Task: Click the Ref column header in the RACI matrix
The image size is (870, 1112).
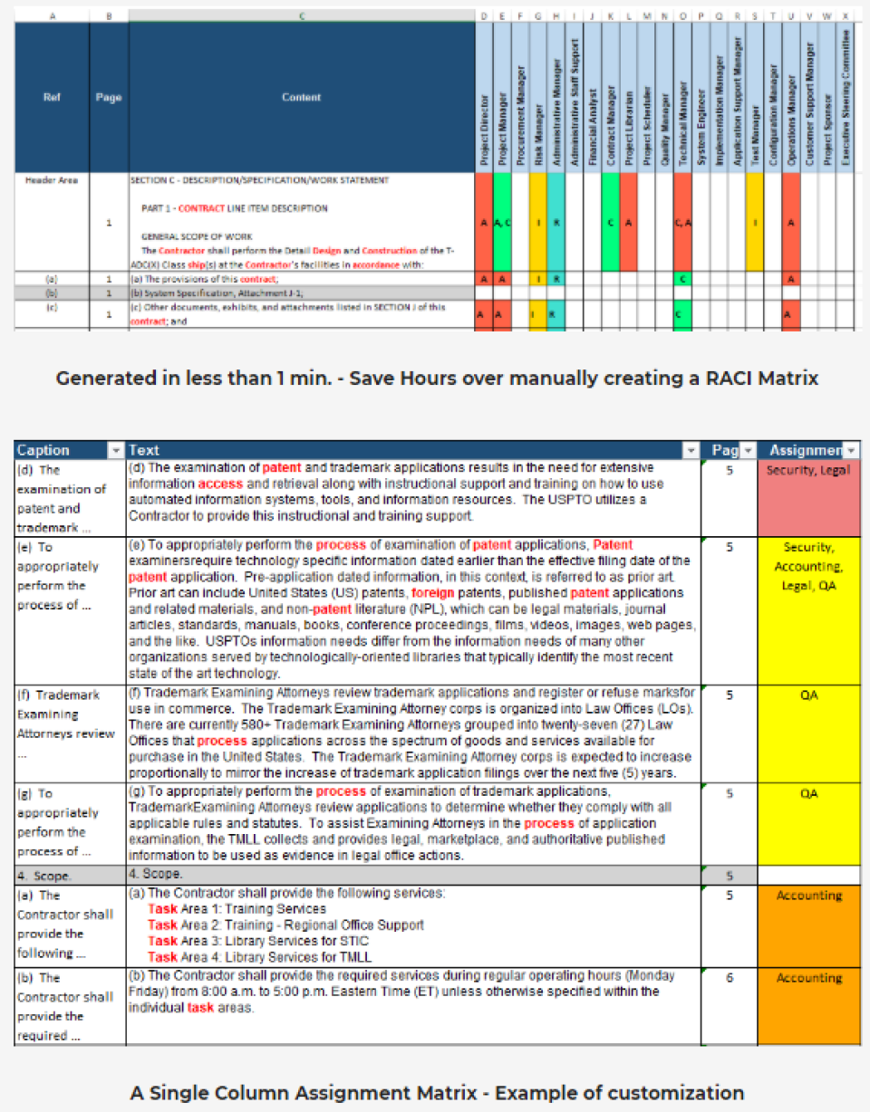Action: coord(52,97)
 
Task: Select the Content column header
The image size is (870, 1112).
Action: coord(301,97)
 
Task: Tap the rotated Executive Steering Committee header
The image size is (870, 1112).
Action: coord(845,98)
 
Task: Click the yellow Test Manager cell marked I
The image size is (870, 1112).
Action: coord(754,222)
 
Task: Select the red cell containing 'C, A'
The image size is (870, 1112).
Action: coord(681,222)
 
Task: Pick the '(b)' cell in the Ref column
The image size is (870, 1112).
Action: coord(52,293)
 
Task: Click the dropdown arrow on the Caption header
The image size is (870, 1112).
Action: coord(114,450)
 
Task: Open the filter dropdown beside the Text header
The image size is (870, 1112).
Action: coord(691,450)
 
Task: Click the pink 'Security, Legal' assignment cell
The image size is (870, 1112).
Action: coord(809,471)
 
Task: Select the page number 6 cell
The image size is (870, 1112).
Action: coord(729,978)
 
